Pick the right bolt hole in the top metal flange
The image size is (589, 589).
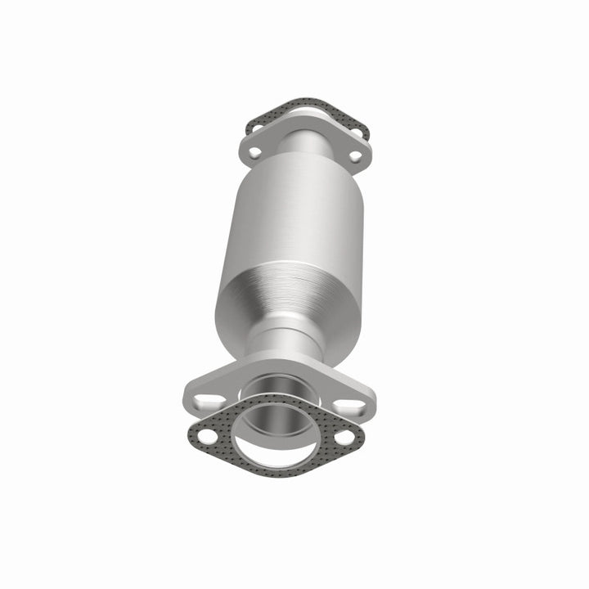(x=356, y=153)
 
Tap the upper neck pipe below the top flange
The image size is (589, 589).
(x=306, y=151)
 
